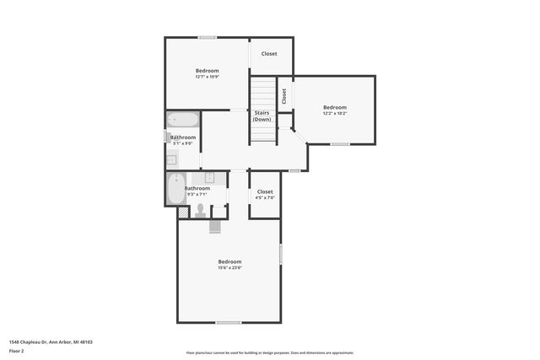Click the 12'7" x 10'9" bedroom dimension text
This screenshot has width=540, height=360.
207,77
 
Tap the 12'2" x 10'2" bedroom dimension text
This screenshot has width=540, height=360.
334,113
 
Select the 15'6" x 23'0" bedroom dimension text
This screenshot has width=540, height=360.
229,267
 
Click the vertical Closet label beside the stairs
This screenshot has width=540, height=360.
283,96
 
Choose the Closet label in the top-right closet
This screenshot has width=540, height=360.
269,54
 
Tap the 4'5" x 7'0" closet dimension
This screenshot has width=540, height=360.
265,197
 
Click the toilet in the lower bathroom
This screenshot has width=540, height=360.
201,210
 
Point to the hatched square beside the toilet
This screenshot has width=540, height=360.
182,212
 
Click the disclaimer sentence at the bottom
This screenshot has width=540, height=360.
269,352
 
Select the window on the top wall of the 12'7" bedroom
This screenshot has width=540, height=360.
207,37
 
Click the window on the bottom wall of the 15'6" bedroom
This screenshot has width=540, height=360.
229,322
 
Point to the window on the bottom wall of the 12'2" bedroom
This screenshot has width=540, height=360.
340,143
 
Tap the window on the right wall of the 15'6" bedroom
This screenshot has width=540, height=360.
280,255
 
